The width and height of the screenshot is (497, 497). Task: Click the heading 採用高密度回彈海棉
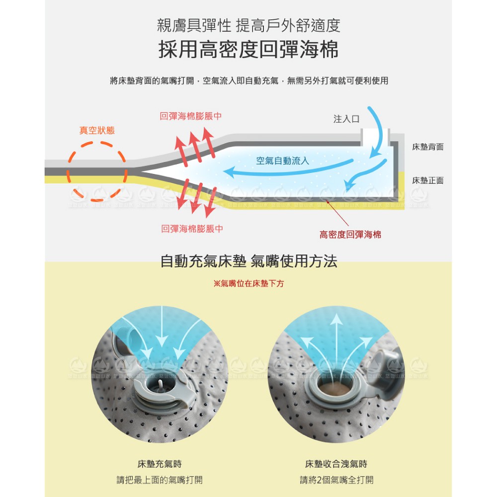pos(248,49)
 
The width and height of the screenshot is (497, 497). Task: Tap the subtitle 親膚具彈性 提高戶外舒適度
pos(248,25)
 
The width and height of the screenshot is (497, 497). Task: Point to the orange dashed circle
pos(68,171)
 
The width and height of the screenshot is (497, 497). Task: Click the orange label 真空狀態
pos(97,130)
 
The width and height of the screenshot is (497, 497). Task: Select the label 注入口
pos(346,119)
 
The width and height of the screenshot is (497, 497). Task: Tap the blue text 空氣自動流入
pos(282,161)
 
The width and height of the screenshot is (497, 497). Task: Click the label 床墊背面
pos(427,147)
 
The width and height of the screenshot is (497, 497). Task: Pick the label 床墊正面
pos(427,180)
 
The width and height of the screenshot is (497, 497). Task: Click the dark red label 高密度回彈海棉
pos(350,235)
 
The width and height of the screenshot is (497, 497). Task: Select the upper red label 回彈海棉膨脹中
pos(190,116)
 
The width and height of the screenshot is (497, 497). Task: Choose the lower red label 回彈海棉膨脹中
pos(192,229)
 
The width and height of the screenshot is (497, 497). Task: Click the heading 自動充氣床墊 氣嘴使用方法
pos(248,261)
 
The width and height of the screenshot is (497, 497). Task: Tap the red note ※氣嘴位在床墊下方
pos(248,283)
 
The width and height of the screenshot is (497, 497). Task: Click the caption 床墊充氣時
pos(160,464)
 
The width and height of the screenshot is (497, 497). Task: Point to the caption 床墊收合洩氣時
pos(336,464)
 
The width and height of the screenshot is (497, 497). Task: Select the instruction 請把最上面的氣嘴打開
pos(160,480)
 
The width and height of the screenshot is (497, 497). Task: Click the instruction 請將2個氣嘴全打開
pos(336,480)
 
